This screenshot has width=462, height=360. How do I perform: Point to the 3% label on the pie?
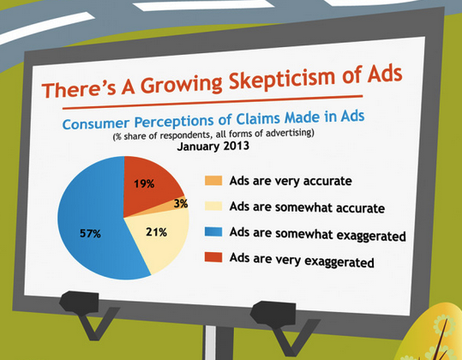click(181, 203)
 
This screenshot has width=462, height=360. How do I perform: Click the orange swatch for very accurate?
click(213, 180)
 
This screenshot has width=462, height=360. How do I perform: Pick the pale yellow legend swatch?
click(213, 206)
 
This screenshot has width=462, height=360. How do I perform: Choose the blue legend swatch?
click(213, 231)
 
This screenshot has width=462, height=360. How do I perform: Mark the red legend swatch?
click(213, 257)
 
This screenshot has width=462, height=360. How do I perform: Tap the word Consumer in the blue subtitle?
click(96, 123)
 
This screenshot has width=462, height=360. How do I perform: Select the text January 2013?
click(213, 146)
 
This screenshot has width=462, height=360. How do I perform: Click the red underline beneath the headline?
click(213, 102)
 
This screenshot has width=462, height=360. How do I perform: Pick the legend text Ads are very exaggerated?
click(302, 260)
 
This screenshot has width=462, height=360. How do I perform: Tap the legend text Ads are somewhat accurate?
click(307, 207)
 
